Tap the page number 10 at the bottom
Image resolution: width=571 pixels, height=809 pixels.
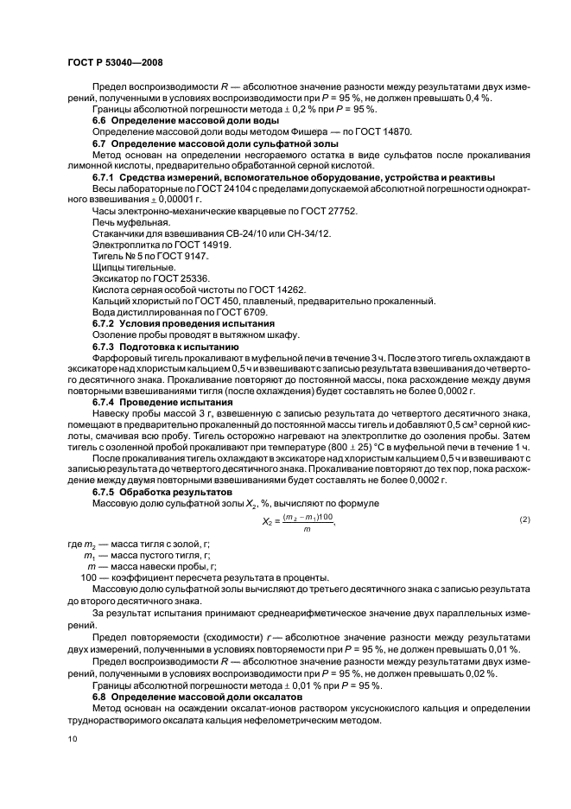pyautogui.click(x=73, y=738)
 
